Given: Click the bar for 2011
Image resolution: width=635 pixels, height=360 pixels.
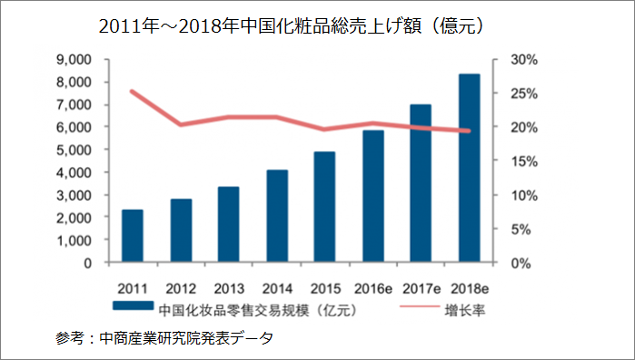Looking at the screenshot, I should coord(133,236).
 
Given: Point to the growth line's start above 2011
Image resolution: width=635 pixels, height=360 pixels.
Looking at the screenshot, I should coord(133,91).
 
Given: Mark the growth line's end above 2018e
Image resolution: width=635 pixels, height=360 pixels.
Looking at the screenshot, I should coord(469,131).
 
